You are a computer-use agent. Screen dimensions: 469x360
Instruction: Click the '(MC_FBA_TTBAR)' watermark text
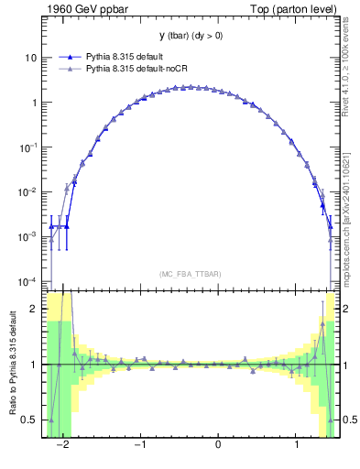pos(191,274)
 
